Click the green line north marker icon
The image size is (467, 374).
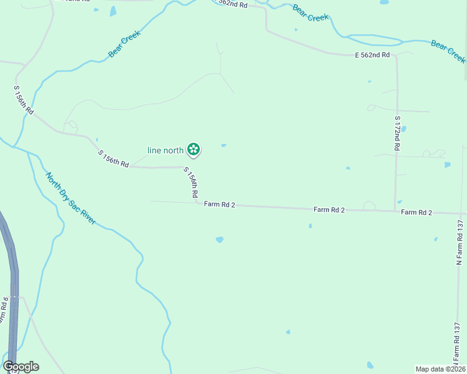tap(194, 149)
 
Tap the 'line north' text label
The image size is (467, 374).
tap(165, 150)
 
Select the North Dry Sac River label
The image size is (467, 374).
tap(71, 198)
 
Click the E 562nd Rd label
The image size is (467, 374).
tap(373, 55)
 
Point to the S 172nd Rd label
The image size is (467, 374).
tap(396, 133)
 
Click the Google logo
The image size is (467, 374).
tap(21, 367)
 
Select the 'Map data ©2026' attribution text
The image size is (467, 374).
tap(440, 368)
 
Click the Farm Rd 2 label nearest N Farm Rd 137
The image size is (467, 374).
tap(417, 213)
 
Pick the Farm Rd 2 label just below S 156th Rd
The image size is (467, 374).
tap(219, 204)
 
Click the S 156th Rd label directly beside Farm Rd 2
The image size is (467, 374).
tap(191, 183)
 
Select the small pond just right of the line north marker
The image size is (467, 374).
tap(224, 146)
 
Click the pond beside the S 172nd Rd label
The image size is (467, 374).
tap(403, 129)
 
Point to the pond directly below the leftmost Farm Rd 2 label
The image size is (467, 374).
tap(219, 239)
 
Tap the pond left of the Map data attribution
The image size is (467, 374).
tap(370, 365)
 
